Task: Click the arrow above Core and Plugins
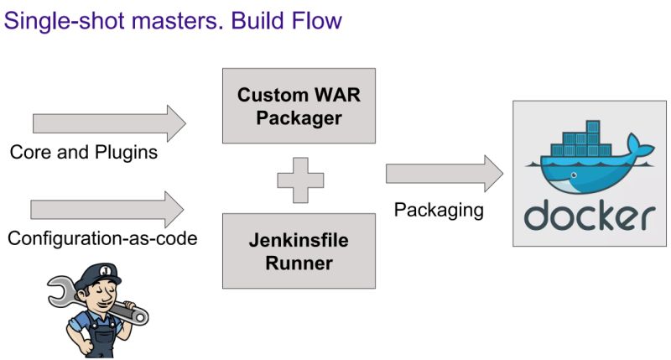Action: pyautogui.click(x=109, y=124)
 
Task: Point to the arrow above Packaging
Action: pyautogui.click(x=444, y=174)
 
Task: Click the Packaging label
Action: pyautogui.click(x=439, y=210)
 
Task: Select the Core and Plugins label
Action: pyautogui.click(x=84, y=154)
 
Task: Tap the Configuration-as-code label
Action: pyautogui.click(x=102, y=238)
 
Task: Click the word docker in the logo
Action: pyautogui.click(x=589, y=216)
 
